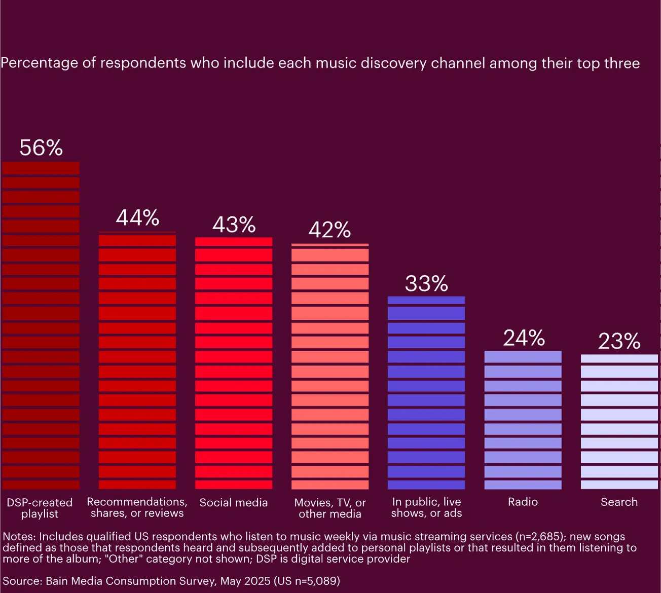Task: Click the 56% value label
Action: click(x=41, y=148)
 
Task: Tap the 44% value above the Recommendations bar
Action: click(x=137, y=218)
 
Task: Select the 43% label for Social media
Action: click(x=234, y=225)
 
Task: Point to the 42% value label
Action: click(x=329, y=230)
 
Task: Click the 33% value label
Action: click(x=426, y=284)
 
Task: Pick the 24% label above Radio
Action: click(x=524, y=338)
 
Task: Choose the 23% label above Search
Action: click(x=619, y=342)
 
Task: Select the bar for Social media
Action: click(x=234, y=363)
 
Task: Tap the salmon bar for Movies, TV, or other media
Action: click(x=330, y=366)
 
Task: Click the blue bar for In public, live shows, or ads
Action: click(x=426, y=393)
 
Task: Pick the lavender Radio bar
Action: click(x=523, y=420)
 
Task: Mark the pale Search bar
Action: click(x=619, y=422)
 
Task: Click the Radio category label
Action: click(x=523, y=502)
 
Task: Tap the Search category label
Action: click(x=619, y=502)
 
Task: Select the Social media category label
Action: click(x=233, y=502)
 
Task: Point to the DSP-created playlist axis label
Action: click(x=40, y=508)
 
